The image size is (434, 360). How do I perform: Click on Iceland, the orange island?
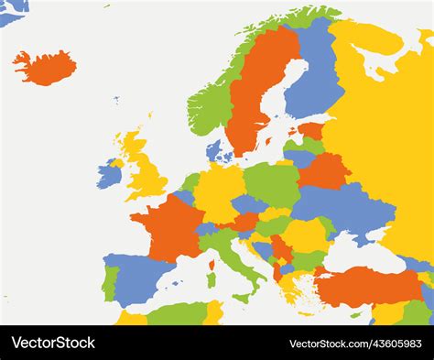[44, 67]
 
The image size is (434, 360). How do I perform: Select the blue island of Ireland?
[109, 174]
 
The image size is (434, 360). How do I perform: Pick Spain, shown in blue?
[137, 275]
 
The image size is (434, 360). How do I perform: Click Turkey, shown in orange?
[366, 288]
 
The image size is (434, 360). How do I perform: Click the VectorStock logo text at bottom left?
[53, 343]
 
